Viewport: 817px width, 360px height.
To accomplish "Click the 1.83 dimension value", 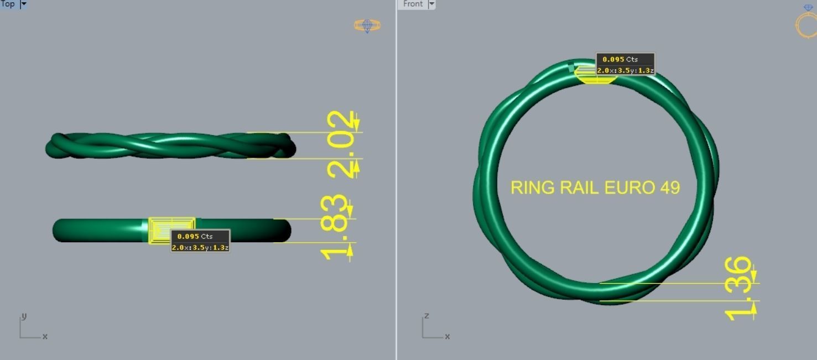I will [335, 228].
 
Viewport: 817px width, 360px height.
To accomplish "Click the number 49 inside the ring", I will [669, 187].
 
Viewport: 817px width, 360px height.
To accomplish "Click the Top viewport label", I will [8, 4].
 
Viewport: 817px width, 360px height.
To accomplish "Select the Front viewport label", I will [413, 4].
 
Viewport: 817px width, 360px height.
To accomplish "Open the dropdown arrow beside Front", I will [432, 4].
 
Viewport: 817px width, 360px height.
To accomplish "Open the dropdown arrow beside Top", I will [23, 4].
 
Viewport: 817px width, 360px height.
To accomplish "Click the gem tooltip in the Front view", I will [625, 64].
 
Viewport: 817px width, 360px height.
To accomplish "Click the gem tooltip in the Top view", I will [200, 241].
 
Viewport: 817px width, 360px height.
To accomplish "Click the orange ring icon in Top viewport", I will [367, 25].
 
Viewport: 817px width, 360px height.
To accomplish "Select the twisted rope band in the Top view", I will [166, 145].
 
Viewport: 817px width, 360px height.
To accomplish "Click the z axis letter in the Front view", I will [426, 316].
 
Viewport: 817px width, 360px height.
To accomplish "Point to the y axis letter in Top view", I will [24, 316].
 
